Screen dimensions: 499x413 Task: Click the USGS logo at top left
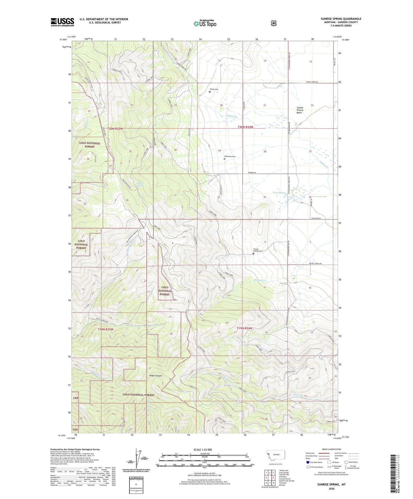62,22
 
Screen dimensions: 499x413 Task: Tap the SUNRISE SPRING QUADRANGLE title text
341,19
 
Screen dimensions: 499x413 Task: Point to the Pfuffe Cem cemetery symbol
210,92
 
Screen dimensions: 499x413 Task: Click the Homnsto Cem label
230,156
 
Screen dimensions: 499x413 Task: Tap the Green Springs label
279,193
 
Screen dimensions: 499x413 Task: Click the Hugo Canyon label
155,376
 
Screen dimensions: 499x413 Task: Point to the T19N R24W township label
244,328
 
